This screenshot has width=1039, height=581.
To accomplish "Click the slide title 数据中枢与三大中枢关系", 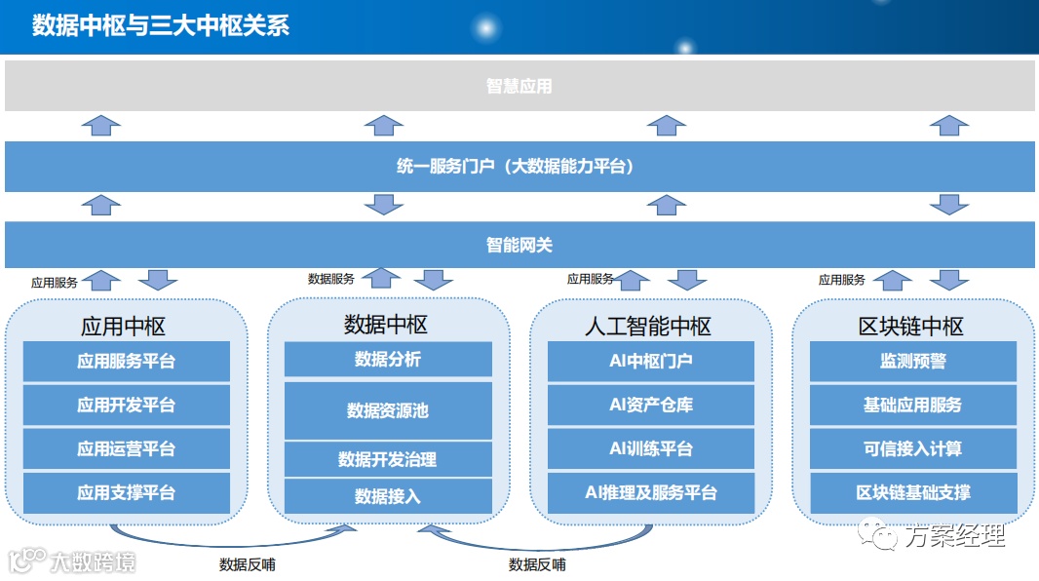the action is (161, 24).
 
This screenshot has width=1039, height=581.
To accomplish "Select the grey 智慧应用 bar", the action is (519, 86).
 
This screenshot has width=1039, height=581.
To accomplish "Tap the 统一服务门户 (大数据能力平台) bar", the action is (519, 167).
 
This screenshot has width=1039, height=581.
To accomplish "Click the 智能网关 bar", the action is (519, 245).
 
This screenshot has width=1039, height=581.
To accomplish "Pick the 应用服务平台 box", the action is (127, 361).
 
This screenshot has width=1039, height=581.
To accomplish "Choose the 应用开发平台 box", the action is (127, 405).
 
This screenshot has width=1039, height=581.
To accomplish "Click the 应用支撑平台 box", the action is (127, 493).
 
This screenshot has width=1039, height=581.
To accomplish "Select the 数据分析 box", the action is (388, 359).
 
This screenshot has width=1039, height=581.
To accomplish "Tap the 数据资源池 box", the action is (388, 410).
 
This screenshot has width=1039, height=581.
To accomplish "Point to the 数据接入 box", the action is (388, 496).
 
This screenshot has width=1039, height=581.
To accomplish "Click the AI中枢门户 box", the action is (651, 361).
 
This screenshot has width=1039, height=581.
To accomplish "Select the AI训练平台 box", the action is (651, 448).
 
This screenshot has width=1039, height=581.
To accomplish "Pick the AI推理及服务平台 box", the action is (651, 493).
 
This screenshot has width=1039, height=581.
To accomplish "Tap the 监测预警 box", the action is (913, 361).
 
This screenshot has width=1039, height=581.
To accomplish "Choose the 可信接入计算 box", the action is (913, 448).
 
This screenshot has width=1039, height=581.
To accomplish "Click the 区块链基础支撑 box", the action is (913, 493).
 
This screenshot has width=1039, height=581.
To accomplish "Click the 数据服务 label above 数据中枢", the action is (331, 279).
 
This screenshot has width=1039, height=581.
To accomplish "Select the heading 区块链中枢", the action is (912, 326).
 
